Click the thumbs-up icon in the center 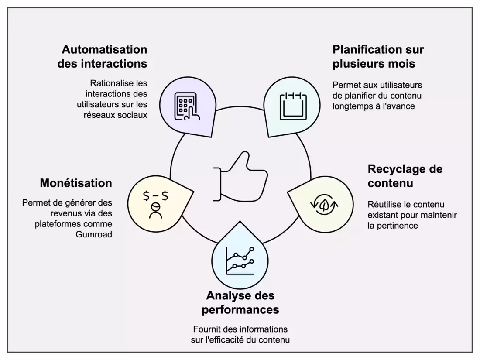tap(240, 177)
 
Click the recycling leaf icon tap(324, 204)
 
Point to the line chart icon tap(240, 261)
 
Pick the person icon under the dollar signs tap(155, 211)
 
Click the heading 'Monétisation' tap(76, 183)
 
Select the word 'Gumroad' tap(94, 234)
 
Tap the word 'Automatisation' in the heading tap(104, 49)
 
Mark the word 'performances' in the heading tap(240, 309)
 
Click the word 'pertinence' tap(398, 226)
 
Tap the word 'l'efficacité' tap(227, 340)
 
